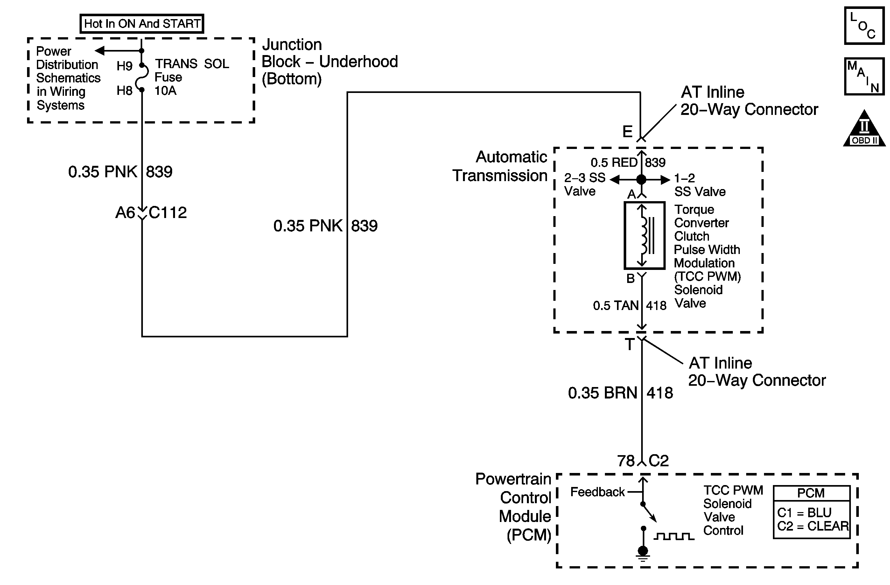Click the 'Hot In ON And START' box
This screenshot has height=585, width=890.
tap(142, 24)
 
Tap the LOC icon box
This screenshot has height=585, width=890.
tap(864, 26)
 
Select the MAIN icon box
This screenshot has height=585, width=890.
tap(864, 76)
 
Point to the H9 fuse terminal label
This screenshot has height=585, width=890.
tap(124, 66)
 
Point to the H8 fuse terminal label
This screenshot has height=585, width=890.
tap(124, 90)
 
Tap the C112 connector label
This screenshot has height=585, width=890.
tap(167, 213)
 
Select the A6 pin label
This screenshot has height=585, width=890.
tap(125, 213)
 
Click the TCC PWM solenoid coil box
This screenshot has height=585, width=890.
tap(644, 235)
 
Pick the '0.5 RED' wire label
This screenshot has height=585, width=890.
tap(614, 162)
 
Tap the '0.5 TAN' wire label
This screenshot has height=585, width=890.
tap(615, 306)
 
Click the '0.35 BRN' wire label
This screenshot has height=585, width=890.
tap(602, 393)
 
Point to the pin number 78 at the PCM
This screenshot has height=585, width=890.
tap(626, 461)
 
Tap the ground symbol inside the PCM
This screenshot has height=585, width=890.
tap(643, 553)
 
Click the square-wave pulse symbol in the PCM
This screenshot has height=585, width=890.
tap(674, 536)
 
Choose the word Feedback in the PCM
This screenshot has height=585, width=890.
tap(597, 492)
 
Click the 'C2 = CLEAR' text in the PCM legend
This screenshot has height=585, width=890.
tap(813, 526)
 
